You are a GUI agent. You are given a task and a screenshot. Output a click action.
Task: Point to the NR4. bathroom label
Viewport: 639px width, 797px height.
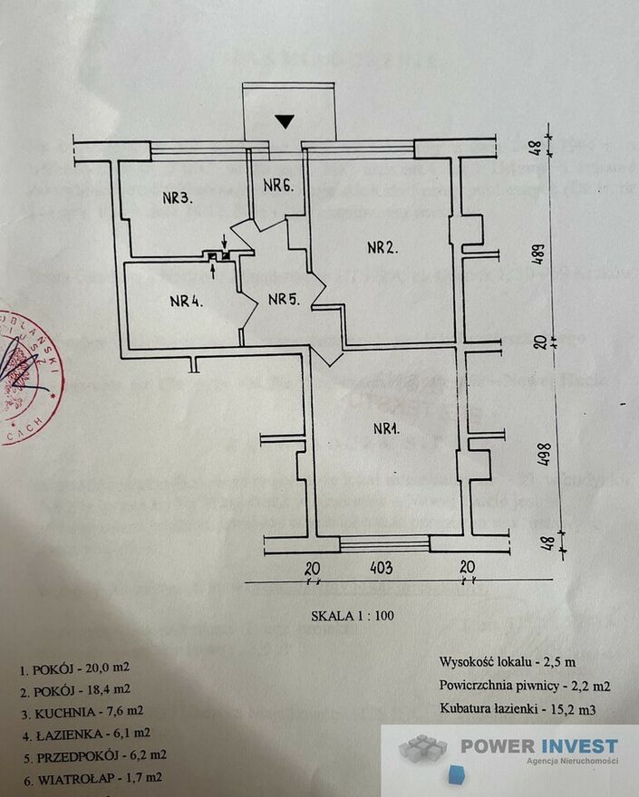tap(185, 302)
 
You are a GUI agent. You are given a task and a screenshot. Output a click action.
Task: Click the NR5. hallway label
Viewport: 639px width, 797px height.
tap(282, 300)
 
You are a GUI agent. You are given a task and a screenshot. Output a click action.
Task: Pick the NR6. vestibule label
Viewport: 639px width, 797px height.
tap(278, 187)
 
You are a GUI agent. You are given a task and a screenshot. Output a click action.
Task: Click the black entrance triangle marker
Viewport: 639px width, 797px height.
tap(286, 121)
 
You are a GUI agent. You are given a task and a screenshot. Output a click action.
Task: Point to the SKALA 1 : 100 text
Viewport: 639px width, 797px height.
tap(353, 615)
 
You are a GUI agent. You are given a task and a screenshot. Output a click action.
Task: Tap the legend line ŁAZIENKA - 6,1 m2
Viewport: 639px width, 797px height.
tap(87, 733)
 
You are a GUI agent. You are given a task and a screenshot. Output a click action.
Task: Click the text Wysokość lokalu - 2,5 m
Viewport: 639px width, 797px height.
tap(507, 663)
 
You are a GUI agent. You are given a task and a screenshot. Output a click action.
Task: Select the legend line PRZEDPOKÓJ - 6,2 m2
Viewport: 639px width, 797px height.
tap(93, 754)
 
